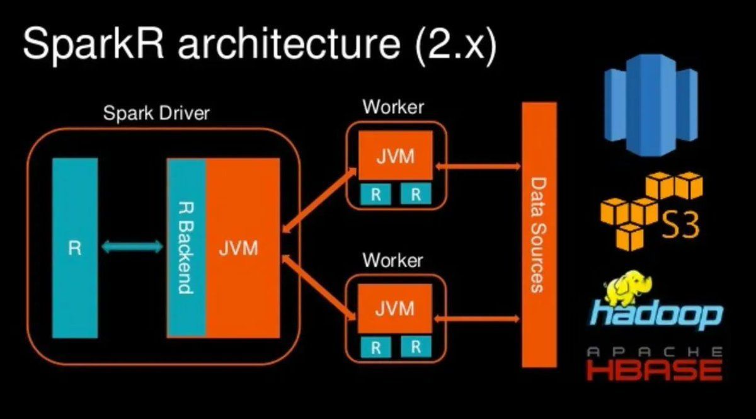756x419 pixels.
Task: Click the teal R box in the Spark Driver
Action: click(x=75, y=248)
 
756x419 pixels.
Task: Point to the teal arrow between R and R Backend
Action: click(x=132, y=248)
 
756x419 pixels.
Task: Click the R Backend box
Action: click(x=186, y=248)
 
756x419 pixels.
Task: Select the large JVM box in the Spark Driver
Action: click(x=242, y=248)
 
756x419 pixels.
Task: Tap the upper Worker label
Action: click(x=393, y=106)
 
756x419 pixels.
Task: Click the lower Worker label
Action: click(x=393, y=260)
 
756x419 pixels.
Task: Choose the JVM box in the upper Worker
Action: click(x=395, y=156)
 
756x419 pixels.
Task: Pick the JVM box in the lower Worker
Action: click(x=395, y=309)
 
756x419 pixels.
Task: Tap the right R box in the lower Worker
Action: click(x=416, y=346)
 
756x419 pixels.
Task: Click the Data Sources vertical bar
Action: click(x=539, y=234)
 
